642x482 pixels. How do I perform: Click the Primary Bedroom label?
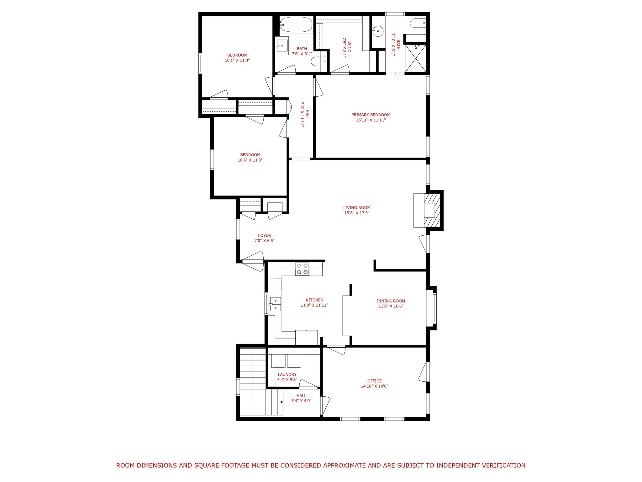(371, 115)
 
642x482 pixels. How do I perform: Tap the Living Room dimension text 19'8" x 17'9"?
(357, 213)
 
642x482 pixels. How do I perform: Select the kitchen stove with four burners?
(302, 269)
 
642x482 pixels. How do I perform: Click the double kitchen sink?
(276, 304)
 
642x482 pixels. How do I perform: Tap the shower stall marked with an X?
(415, 58)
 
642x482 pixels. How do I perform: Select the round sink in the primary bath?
(378, 31)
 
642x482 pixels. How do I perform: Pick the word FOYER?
(264, 235)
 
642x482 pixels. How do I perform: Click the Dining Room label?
(391, 301)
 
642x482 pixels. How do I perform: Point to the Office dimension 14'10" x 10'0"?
(374, 386)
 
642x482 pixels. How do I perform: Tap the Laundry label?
(287, 374)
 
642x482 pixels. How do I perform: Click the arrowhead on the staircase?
(282, 402)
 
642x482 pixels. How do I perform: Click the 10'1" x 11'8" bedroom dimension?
(237, 60)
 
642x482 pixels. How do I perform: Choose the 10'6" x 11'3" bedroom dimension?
(250, 160)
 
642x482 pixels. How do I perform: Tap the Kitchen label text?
(314, 300)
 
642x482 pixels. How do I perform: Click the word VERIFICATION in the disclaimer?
(500, 465)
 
